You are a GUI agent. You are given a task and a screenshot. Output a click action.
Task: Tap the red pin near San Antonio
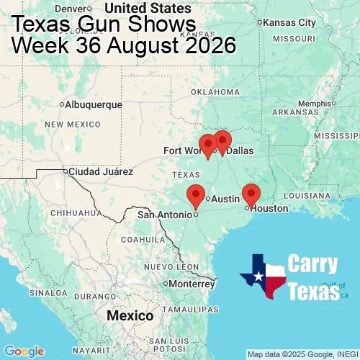(194, 195)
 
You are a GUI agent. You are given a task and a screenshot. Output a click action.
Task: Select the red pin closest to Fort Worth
(207, 145)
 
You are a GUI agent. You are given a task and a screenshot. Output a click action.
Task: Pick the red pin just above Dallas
(222, 141)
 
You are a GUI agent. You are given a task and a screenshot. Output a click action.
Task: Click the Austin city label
(225, 199)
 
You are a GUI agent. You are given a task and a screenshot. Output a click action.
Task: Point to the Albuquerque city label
(93, 104)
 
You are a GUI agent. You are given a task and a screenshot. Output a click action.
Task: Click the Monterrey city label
(192, 284)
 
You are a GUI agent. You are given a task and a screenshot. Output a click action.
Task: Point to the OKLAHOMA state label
(215, 92)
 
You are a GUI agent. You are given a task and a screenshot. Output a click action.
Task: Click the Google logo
(23, 351)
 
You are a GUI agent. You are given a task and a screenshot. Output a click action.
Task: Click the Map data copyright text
(302, 354)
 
